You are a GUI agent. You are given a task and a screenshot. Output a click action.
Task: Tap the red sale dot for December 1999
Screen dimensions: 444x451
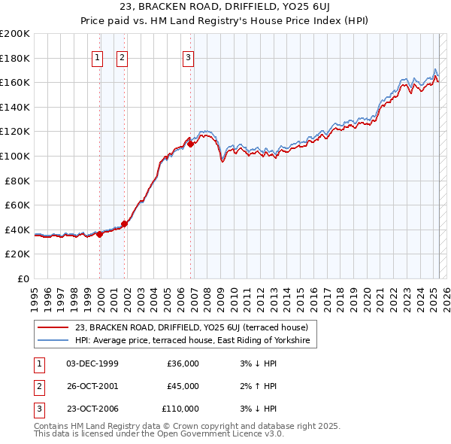point(100,234)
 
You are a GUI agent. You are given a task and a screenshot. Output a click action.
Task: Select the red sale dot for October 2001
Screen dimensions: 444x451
point(125,224)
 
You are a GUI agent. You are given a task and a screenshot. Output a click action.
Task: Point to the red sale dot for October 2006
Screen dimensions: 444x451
point(191,143)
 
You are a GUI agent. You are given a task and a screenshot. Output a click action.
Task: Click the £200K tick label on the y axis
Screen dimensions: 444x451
point(15,34)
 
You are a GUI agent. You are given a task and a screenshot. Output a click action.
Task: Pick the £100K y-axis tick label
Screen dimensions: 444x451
point(15,156)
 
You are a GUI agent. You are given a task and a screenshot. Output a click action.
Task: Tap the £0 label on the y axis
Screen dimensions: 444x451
point(23,278)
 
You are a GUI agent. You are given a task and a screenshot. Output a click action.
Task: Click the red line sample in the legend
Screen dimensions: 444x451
point(53,327)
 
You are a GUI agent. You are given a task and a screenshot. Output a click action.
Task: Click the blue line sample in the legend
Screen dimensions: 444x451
point(53,341)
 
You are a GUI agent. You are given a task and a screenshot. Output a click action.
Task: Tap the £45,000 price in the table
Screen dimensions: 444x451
point(183,386)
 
